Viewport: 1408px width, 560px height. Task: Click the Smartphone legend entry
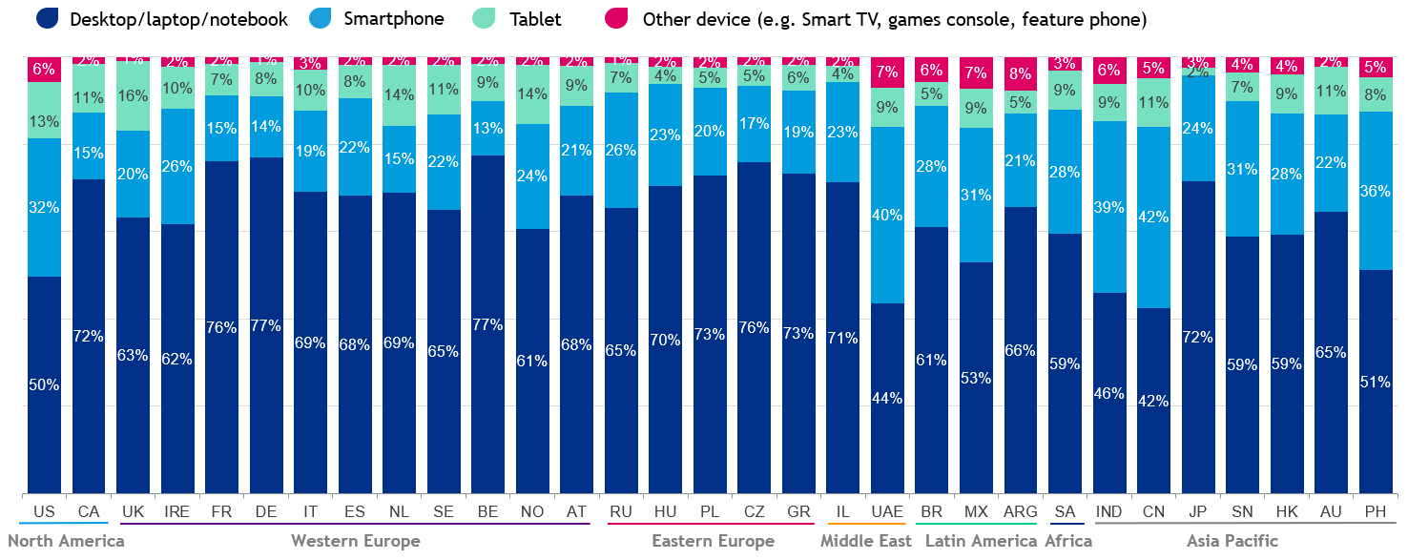(393, 18)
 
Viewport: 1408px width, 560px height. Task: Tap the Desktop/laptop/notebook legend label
(178, 18)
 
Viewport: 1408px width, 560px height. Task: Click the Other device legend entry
(894, 18)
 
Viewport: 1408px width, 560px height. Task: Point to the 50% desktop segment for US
(44, 384)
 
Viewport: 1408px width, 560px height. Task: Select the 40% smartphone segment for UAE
(887, 215)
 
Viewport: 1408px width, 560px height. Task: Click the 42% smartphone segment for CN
(1153, 217)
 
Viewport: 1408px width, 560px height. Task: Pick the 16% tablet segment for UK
(133, 95)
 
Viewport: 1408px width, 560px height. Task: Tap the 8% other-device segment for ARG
(1020, 73)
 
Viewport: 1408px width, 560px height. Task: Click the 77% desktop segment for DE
(265, 325)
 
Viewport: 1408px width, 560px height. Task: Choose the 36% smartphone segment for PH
(1375, 191)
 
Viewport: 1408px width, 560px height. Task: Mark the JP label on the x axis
(1197, 512)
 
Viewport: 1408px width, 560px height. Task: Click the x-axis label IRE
(176, 512)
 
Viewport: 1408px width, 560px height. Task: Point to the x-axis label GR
(798, 512)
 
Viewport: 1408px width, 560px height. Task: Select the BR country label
(932, 512)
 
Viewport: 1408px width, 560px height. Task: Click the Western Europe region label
(355, 541)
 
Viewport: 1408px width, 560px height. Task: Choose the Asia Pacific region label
(1232, 541)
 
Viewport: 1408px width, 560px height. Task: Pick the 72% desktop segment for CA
(89, 336)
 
